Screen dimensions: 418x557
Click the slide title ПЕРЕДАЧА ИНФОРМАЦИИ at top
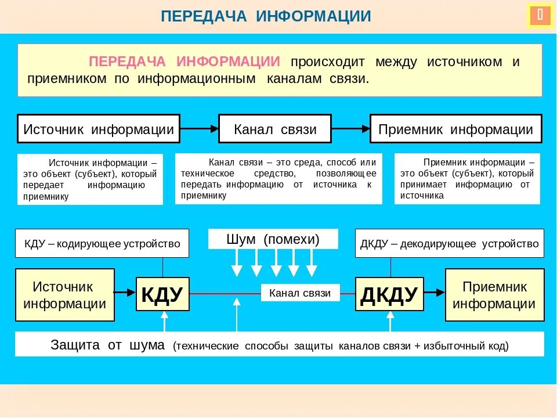[266, 16]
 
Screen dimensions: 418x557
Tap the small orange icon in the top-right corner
[540, 16]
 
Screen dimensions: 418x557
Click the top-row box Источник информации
[99, 129]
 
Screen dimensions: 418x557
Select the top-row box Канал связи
[275, 129]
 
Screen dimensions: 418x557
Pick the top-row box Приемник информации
[455, 129]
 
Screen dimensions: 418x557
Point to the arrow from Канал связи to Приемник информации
[350, 129]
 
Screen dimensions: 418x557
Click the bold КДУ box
[162, 294]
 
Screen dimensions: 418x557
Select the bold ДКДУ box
[389, 294]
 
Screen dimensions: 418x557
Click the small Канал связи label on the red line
[300, 293]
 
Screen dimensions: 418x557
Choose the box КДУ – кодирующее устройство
[102, 244]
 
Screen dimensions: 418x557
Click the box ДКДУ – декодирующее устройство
[449, 244]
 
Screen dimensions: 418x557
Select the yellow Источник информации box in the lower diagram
[64, 295]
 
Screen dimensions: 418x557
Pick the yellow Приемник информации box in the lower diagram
[494, 295]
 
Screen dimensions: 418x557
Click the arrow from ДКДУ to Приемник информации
[434, 294]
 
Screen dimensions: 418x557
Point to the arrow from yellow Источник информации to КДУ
[125, 294]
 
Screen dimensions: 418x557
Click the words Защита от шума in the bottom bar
[108, 345]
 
